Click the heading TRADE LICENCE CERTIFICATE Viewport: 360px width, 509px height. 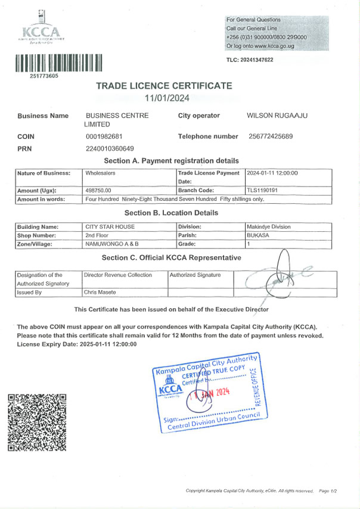click(164, 86)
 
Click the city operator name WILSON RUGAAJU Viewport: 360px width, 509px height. click(277, 115)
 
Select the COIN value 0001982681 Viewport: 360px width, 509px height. click(104, 136)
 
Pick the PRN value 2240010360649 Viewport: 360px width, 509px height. click(110, 148)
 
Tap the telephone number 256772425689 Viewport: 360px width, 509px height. click(271, 136)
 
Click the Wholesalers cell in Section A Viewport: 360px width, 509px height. click(100, 173)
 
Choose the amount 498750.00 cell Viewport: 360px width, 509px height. click(98, 190)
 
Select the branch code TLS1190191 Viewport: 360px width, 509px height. click(263, 190)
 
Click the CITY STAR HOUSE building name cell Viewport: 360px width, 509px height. click(110, 226)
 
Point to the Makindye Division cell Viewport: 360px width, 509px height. click(269, 226)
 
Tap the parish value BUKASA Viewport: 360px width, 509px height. click(257, 235)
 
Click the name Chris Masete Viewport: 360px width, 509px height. click(99, 292)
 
